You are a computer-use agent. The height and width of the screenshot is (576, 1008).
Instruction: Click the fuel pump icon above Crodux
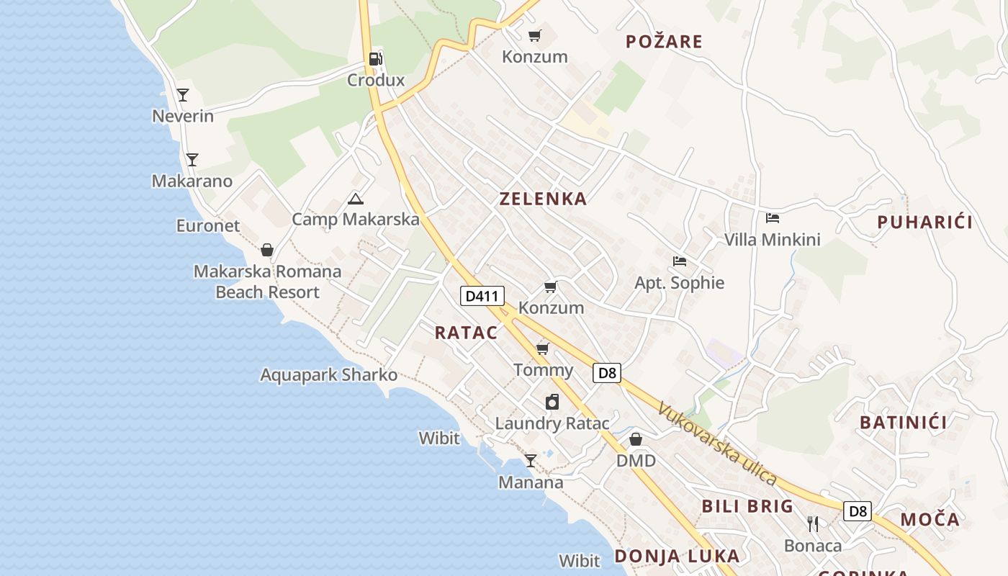click(x=375, y=59)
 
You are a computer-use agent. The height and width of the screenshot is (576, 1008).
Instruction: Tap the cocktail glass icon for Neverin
click(x=183, y=94)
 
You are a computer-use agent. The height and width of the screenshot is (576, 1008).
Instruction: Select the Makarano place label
click(x=192, y=181)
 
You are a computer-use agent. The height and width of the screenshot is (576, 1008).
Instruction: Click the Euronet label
click(x=208, y=225)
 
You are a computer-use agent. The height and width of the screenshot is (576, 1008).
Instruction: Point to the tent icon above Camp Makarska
click(x=355, y=199)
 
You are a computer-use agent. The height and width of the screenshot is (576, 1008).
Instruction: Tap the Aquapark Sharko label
click(x=328, y=374)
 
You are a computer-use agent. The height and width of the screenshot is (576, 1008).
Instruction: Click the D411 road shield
click(x=482, y=295)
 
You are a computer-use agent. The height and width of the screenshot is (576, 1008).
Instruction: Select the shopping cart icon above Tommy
click(x=543, y=349)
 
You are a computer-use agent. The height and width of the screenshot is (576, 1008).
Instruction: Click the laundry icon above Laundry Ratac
click(x=552, y=402)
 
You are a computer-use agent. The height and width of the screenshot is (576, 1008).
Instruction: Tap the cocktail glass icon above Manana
click(x=531, y=461)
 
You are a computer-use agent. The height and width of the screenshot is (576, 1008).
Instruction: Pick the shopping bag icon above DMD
click(x=636, y=439)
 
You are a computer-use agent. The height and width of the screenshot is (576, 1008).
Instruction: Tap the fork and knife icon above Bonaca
click(x=813, y=524)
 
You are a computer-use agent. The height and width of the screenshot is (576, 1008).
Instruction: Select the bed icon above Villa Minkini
click(x=773, y=217)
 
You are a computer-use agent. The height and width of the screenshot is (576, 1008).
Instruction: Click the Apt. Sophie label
click(x=679, y=282)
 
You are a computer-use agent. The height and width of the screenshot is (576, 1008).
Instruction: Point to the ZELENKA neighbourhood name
click(x=543, y=199)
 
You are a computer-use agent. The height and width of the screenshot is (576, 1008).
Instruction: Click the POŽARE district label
click(x=664, y=41)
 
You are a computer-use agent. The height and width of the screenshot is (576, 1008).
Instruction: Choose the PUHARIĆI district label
click(x=924, y=222)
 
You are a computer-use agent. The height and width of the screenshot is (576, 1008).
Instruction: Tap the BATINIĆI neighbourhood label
click(x=903, y=422)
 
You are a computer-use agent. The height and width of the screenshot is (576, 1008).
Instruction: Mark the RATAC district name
click(x=466, y=332)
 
